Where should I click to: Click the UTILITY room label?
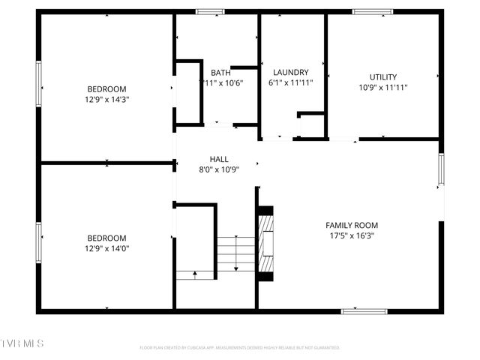(x=382, y=77)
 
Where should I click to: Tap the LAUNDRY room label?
(x=290, y=73)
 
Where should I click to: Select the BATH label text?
(x=220, y=73)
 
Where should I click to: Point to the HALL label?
(x=219, y=159)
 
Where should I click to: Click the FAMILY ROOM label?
(x=351, y=225)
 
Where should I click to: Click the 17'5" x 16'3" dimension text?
(x=351, y=235)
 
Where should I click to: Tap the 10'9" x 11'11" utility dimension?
(x=382, y=87)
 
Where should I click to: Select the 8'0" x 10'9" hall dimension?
(x=219, y=169)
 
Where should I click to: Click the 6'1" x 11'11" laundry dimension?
(x=290, y=83)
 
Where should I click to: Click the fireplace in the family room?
(x=266, y=244)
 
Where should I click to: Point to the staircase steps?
(x=236, y=253)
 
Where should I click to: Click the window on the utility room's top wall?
(x=373, y=12)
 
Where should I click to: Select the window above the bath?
(x=210, y=12)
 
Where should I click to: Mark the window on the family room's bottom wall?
(x=364, y=310)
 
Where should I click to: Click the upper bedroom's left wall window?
(x=39, y=85)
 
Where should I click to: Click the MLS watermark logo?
(x=23, y=343)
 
